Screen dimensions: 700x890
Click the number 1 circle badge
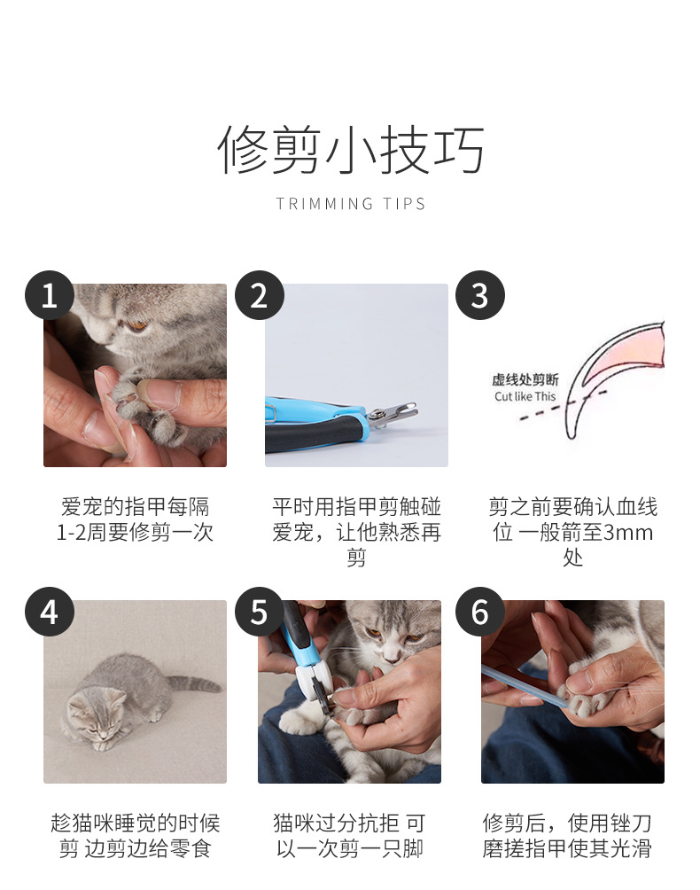click(x=50, y=295)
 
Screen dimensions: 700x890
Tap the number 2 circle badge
click(x=260, y=295)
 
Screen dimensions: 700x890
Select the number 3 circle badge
click(x=480, y=295)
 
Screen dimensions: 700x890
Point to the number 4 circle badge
click(x=50, y=612)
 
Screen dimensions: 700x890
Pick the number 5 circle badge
click(x=260, y=612)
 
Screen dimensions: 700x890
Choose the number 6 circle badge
click(x=480, y=612)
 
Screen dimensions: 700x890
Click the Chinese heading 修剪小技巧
click(x=351, y=150)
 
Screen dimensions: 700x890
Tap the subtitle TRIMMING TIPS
click(x=351, y=204)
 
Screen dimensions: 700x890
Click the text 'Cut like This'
click(x=525, y=396)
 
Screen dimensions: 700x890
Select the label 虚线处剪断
click(x=525, y=379)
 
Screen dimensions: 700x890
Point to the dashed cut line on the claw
click(x=564, y=405)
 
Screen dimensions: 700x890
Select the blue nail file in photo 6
click(x=523, y=687)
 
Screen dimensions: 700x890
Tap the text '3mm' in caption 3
click(x=627, y=533)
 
